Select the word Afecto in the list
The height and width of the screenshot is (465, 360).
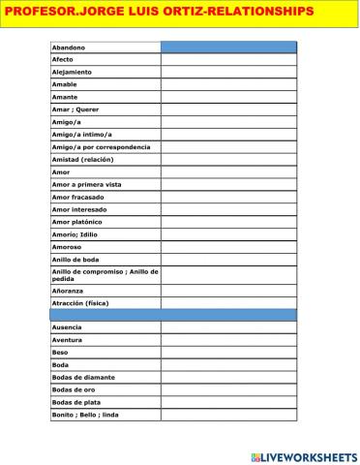click(x=63, y=59)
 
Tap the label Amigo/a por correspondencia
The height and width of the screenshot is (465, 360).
click(x=101, y=146)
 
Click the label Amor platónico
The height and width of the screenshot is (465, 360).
click(x=79, y=222)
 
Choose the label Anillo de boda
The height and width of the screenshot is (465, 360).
click(x=75, y=259)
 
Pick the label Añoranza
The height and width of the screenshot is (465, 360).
click(x=67, y=290)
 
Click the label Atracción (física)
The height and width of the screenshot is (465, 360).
click(x=80, y=302)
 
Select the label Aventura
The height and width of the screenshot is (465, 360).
click(x=68, y=340)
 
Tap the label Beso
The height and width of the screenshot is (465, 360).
click(x=60, y=353)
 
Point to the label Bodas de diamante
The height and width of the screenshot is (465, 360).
click(x=82, y=377)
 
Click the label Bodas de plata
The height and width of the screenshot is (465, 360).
click(x=75, y=402)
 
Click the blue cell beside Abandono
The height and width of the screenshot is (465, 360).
click(x=228, y=46)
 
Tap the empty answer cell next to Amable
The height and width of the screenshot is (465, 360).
click(x=228, y=84)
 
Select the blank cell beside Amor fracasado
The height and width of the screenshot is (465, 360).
click(x=228, y=197)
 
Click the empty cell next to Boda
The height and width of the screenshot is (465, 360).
click(x=228, y=365)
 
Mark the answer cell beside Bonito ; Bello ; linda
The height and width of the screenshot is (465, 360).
click(x=228, y=415)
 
